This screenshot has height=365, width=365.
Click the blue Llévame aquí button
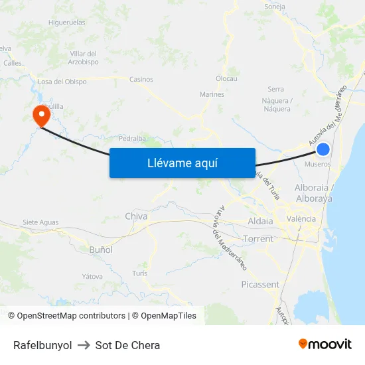tap(182, 163)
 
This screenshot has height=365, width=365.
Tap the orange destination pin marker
tap(41, 116)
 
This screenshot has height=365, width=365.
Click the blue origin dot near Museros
tap(323, 149)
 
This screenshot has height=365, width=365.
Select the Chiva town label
tap(136, 216)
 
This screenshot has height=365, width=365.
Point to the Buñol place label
tap(101, 250)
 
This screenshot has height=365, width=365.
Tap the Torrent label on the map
tap(258, 239)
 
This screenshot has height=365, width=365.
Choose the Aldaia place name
tap(259, 221)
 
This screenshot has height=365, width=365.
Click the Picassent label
tap(260, 285)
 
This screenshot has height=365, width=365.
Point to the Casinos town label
tap(141, 80)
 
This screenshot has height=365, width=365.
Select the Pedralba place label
tap(131, 139)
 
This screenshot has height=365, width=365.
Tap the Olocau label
tap(226, 78)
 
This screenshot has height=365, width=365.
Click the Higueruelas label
tap(66, 22)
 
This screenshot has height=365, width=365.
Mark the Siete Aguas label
tap(40, 222)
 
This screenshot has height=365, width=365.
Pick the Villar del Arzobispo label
tap(84, 57)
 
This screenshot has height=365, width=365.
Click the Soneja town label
tap(274, 7)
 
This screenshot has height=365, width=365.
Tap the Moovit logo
tap(325, 344)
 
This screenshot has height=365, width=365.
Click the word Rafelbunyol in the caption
tap(42, 345)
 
